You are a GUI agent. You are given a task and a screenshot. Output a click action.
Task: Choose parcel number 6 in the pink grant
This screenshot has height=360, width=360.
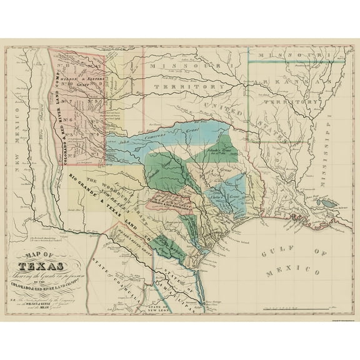click(73, 117)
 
